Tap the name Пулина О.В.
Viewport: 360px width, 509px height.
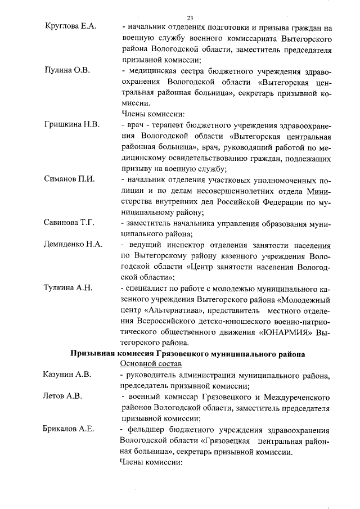[x=64, y=71]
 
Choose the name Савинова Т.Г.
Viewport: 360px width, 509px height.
[x=69, y=223]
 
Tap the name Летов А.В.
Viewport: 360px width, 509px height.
[x=62, y=397]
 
